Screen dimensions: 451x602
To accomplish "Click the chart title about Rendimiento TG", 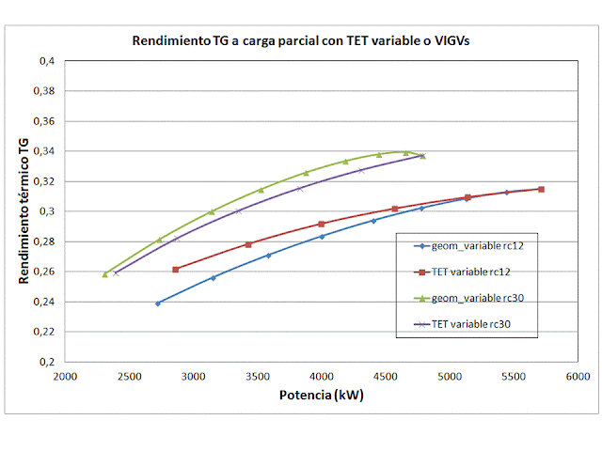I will point(300,42).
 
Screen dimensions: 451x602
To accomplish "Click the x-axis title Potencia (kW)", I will point(321,395).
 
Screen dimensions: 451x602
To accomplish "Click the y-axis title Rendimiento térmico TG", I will point(23,210).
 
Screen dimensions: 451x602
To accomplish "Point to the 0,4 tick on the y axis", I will point(47,61).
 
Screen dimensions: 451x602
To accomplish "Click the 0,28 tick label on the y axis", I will point(44,241).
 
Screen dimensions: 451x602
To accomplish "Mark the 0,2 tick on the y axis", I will point(47,362).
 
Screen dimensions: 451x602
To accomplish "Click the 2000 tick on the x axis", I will point(65,375).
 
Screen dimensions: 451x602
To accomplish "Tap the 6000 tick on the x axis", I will point(578,375).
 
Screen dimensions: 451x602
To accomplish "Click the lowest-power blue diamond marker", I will point(158,303).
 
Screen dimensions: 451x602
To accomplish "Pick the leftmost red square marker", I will point(176,270).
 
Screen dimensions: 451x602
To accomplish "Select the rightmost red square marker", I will point(541,189).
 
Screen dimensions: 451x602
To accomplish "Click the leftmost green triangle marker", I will point(105,274).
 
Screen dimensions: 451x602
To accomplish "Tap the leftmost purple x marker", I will point(116,272).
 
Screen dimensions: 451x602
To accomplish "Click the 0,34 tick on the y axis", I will point(44,151).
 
